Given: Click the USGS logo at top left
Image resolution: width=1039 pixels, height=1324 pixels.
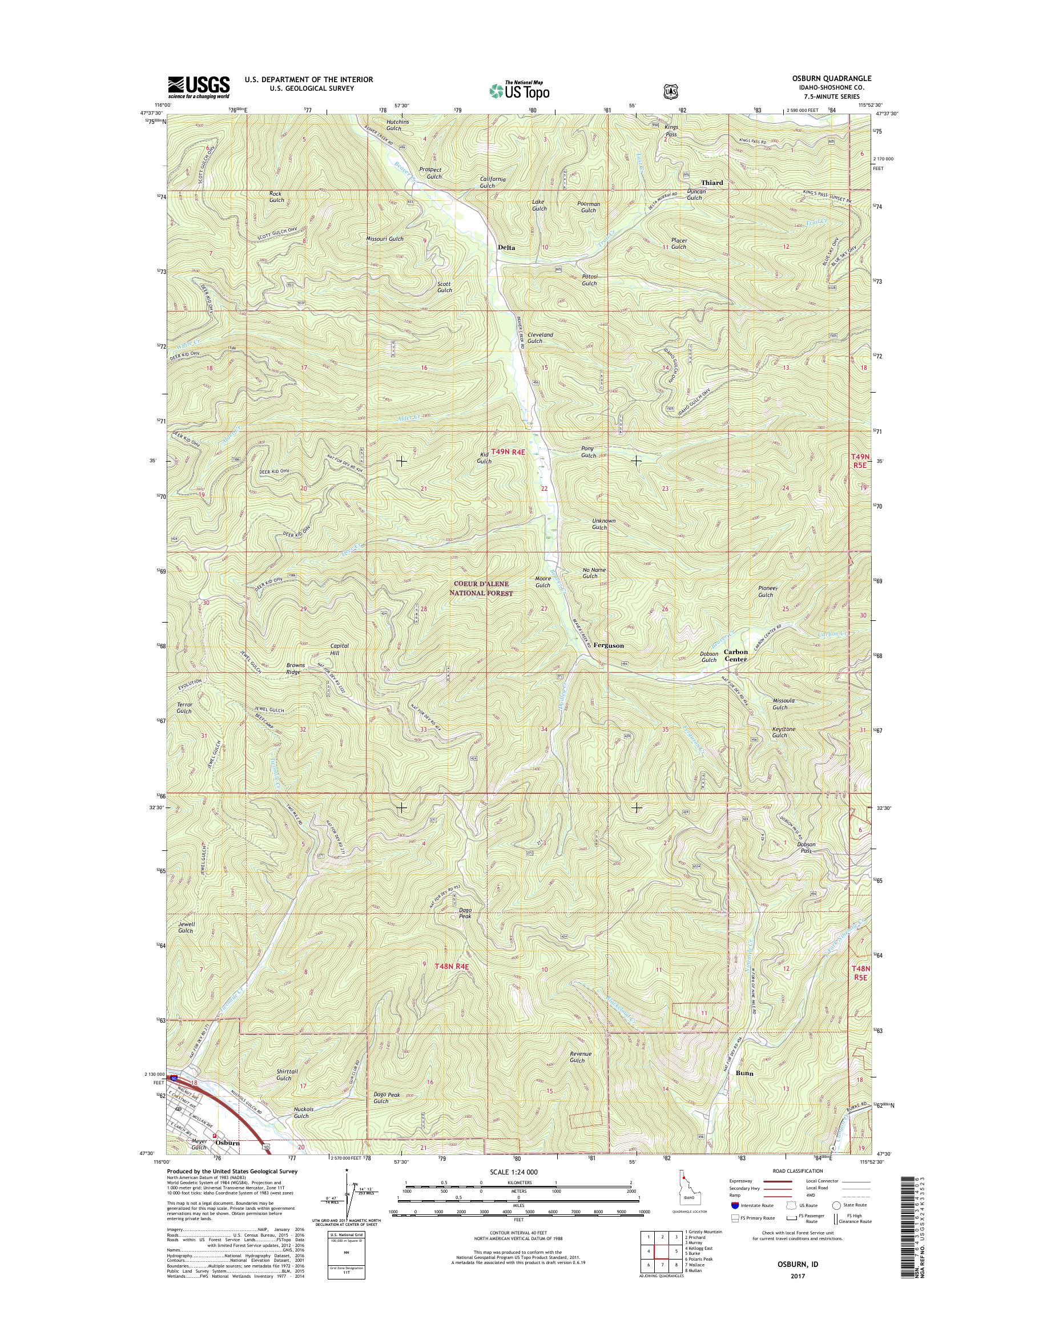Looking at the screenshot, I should (198, 87).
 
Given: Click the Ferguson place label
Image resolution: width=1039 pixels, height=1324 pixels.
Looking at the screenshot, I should (609, 645).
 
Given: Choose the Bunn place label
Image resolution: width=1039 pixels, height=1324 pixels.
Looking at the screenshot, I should (744, 1073).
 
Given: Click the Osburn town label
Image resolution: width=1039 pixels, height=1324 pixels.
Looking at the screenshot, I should (228, 1143).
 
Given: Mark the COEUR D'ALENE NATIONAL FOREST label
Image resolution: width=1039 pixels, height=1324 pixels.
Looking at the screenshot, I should (481, 588).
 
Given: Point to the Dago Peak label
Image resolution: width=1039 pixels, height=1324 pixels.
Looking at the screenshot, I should (465, 913).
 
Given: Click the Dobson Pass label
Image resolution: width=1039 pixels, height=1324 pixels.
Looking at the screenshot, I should (806, 848).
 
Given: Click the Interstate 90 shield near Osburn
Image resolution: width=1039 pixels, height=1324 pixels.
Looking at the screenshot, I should (175, 1079).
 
